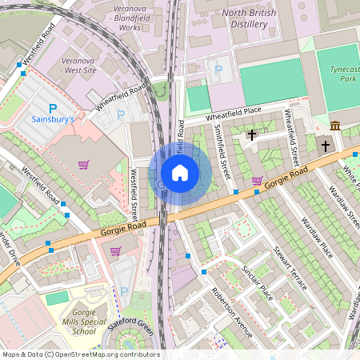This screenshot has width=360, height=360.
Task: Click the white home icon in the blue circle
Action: [180, 173]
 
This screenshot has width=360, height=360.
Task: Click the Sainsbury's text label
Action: [53, 120]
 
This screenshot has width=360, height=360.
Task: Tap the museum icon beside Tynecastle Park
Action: [334, 126]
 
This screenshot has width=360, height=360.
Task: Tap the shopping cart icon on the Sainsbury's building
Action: [83, 165]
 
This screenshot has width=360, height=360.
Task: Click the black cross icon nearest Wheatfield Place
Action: [252, 135]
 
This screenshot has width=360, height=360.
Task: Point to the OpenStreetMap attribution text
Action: [81, 354]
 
